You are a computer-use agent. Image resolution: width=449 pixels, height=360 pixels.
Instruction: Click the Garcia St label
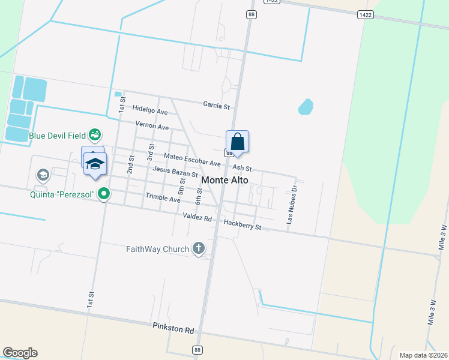216,106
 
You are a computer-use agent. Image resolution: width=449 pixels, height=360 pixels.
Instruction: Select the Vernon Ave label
152,127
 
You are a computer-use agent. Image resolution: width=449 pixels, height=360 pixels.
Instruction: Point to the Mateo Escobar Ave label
192,160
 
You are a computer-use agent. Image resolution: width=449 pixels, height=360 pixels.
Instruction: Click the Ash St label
241,169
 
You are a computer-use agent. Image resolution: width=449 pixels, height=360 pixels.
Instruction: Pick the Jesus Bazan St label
175,172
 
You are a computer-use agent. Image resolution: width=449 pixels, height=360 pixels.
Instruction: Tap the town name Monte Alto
224,179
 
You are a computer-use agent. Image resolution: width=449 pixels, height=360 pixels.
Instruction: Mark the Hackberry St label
243,226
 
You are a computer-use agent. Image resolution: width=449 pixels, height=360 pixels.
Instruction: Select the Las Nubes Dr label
292,204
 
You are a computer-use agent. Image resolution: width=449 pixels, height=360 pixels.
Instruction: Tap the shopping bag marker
237,142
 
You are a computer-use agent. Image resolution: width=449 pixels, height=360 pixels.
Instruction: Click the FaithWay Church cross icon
199,248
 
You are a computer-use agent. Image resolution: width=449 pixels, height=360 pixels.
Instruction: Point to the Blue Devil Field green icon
94,134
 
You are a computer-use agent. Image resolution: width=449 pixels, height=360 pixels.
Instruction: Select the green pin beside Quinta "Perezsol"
104,193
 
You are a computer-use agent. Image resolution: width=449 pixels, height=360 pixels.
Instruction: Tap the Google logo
20,353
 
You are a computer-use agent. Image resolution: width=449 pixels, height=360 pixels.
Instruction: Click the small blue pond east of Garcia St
306,107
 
